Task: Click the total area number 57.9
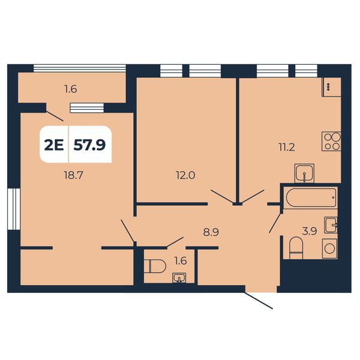(x=89, y=145)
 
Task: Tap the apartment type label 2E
(x=54, y=145)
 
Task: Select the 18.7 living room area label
(x=73, y=176)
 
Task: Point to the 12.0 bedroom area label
(x=185, y=175)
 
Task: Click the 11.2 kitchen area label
(x=287, y=147)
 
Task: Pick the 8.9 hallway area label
(x=211, y=232)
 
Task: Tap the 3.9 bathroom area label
(x=310, y=231)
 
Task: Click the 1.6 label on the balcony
(x=71, y=89)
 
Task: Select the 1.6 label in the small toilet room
(x=181, y=261)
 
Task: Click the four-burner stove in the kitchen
(x=331, y=141)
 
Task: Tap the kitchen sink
(x=304, y=173)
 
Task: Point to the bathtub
(x=310, y=197)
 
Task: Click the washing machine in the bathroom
(x=329, y=248)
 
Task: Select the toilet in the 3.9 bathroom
(x=296, y=248)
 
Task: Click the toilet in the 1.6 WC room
(x=157, y=266)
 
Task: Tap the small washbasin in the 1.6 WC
(x=179, y=278)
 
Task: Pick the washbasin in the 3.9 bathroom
(x=331, y=225)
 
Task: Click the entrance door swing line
(x=259, y=301)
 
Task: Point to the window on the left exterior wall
(x=14, y=209)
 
